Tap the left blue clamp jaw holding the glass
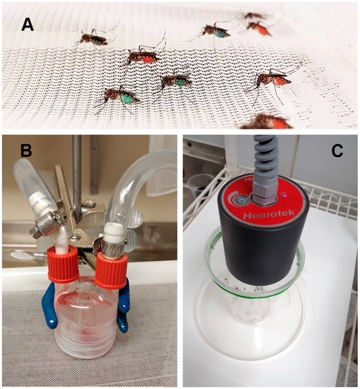50,304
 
